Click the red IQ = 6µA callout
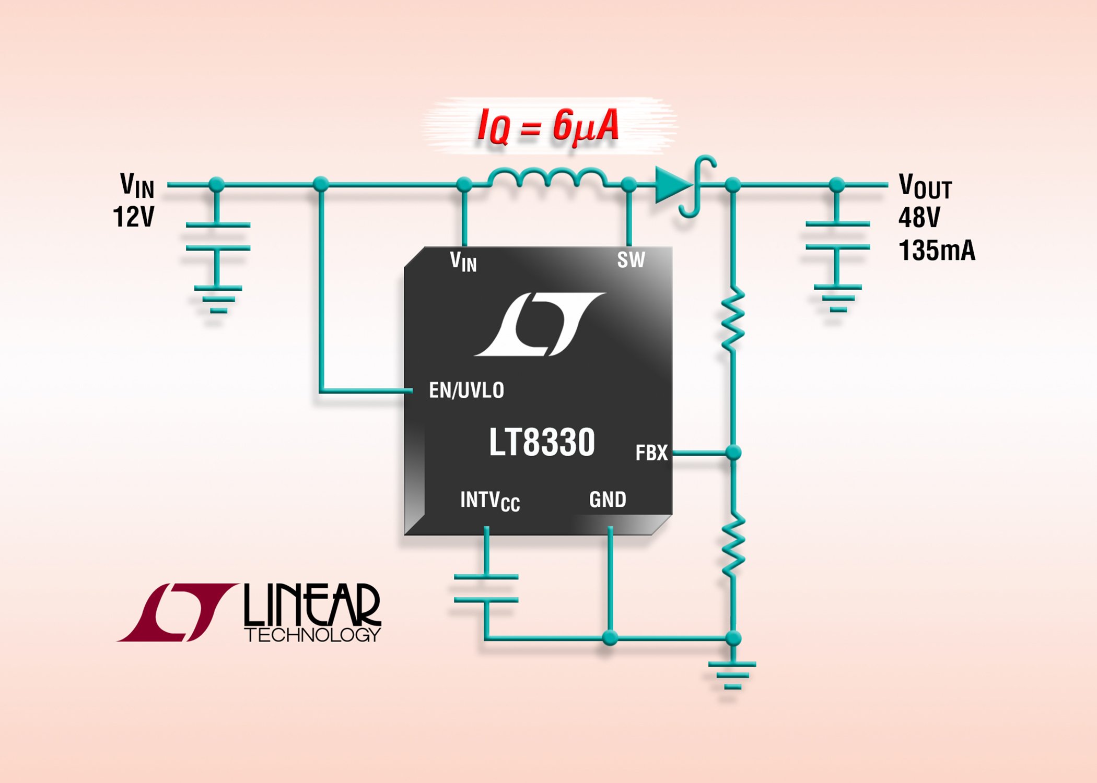(548, 126)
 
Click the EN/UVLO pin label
(466, 390)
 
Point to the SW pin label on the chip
(631, 260)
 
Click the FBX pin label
(651, 453)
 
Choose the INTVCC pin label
(489, 501)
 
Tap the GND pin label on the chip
(608, 500)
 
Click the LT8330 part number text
(542, 442)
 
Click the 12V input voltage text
(134, 217)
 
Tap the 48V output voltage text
(919, 217)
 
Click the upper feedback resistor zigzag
(733, 318)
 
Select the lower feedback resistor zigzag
(733, 544)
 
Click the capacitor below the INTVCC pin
(486, 588)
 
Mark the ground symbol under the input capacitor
(218, 299)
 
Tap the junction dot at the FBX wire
(733, 453)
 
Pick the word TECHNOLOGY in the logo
(312, 635)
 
